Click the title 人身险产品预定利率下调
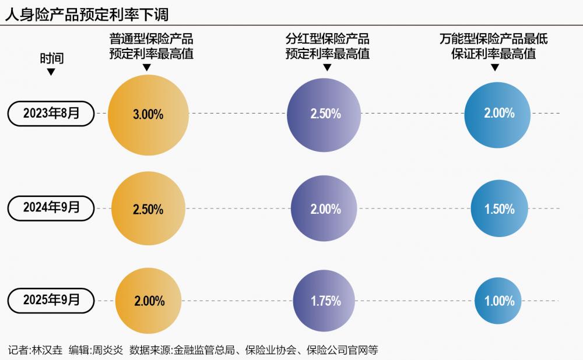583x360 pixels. click(x=87, y=13)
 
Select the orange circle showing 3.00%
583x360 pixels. click(x=149, y=114)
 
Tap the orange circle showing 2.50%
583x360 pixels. click(x=149, y=209)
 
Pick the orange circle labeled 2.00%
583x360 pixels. click(x=149, y=301)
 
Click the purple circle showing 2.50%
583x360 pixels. click(x=325, y=114)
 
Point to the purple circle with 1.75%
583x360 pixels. click(x=325, y=301)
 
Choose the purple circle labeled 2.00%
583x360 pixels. click(x=325, y=209)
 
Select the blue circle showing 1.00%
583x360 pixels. click(x=499, y=301)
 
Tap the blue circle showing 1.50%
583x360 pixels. click(x=499, y=209)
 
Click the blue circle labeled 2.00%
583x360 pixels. click(x=499, y=114)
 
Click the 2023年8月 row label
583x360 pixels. click(x=51, y=114)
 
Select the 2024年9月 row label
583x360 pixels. click(x=51, y=207)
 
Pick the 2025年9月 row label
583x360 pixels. click(x=51, y=301)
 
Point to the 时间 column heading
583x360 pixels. click(x=51, y=59)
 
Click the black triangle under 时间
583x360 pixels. click(x=51, y=72)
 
